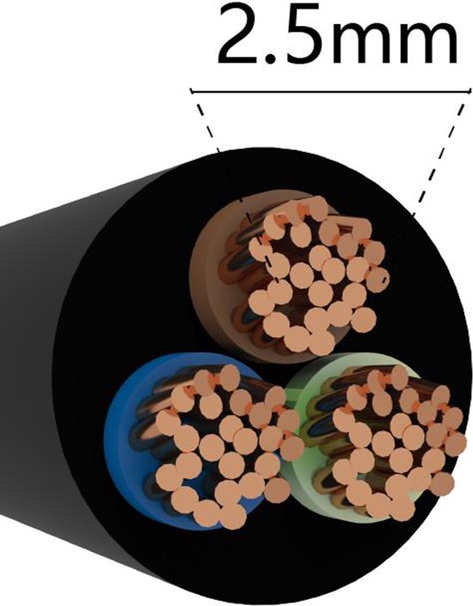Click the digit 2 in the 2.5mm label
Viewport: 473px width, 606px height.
pos(241,34)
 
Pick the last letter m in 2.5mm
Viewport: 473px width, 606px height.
pos(429,41)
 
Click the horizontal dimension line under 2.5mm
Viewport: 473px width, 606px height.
pos(331,92)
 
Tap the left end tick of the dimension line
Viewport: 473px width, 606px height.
pos(191,92)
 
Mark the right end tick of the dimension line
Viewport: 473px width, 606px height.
pos(470,92)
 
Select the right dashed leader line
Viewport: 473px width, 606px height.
pos(439,159)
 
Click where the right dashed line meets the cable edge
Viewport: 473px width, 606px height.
pos(413,215)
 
